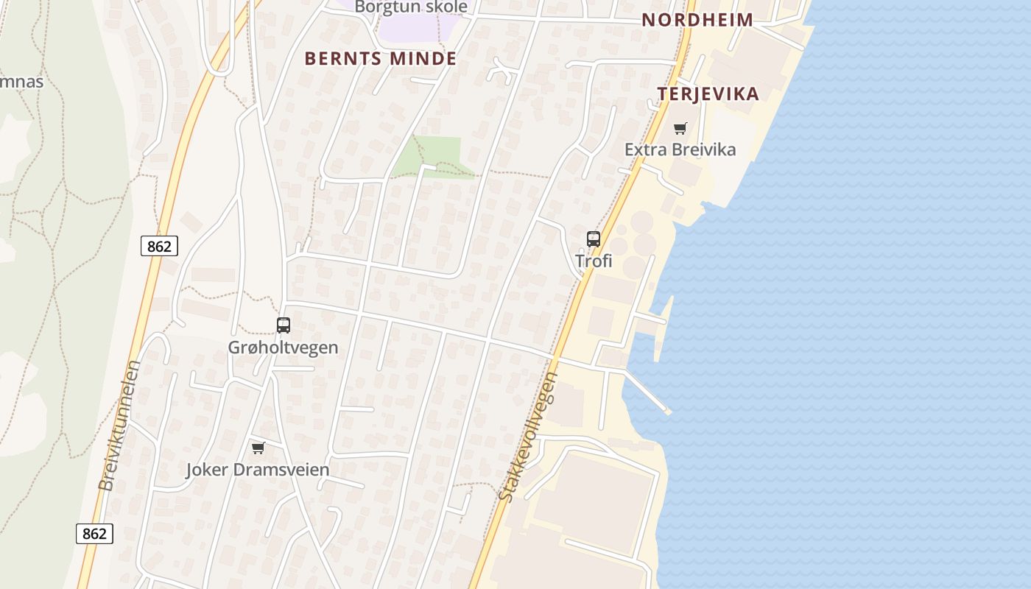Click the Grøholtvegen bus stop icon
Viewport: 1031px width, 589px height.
[x=284, y=325]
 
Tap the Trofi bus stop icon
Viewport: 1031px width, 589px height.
[x=594, y=239]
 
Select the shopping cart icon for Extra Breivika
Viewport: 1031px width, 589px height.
[x=680, y=129]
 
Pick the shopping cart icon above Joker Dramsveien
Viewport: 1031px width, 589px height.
[x=258, y=448]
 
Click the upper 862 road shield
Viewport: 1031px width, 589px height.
[x=159, y=246]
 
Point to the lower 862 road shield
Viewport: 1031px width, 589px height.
[x=94, y=533]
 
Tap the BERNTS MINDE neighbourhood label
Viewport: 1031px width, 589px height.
[x=381, y=58]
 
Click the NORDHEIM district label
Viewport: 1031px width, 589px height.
[x=697, y=20]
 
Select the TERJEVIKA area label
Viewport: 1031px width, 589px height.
[x=708, y=94]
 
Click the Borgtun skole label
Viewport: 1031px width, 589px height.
[x=411, y=7]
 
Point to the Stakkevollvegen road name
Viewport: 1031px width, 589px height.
[x=528, y=437]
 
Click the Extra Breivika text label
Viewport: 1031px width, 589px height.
[x=680, y=149]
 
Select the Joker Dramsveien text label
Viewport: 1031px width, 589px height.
[x=257, y=469]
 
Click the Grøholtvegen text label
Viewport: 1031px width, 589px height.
[x=283, y=347]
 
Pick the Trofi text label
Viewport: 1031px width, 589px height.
[x=594, y=261]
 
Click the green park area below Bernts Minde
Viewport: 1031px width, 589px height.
[x=439, y=156]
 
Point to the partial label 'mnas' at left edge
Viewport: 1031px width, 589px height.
[x=21, y=81]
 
